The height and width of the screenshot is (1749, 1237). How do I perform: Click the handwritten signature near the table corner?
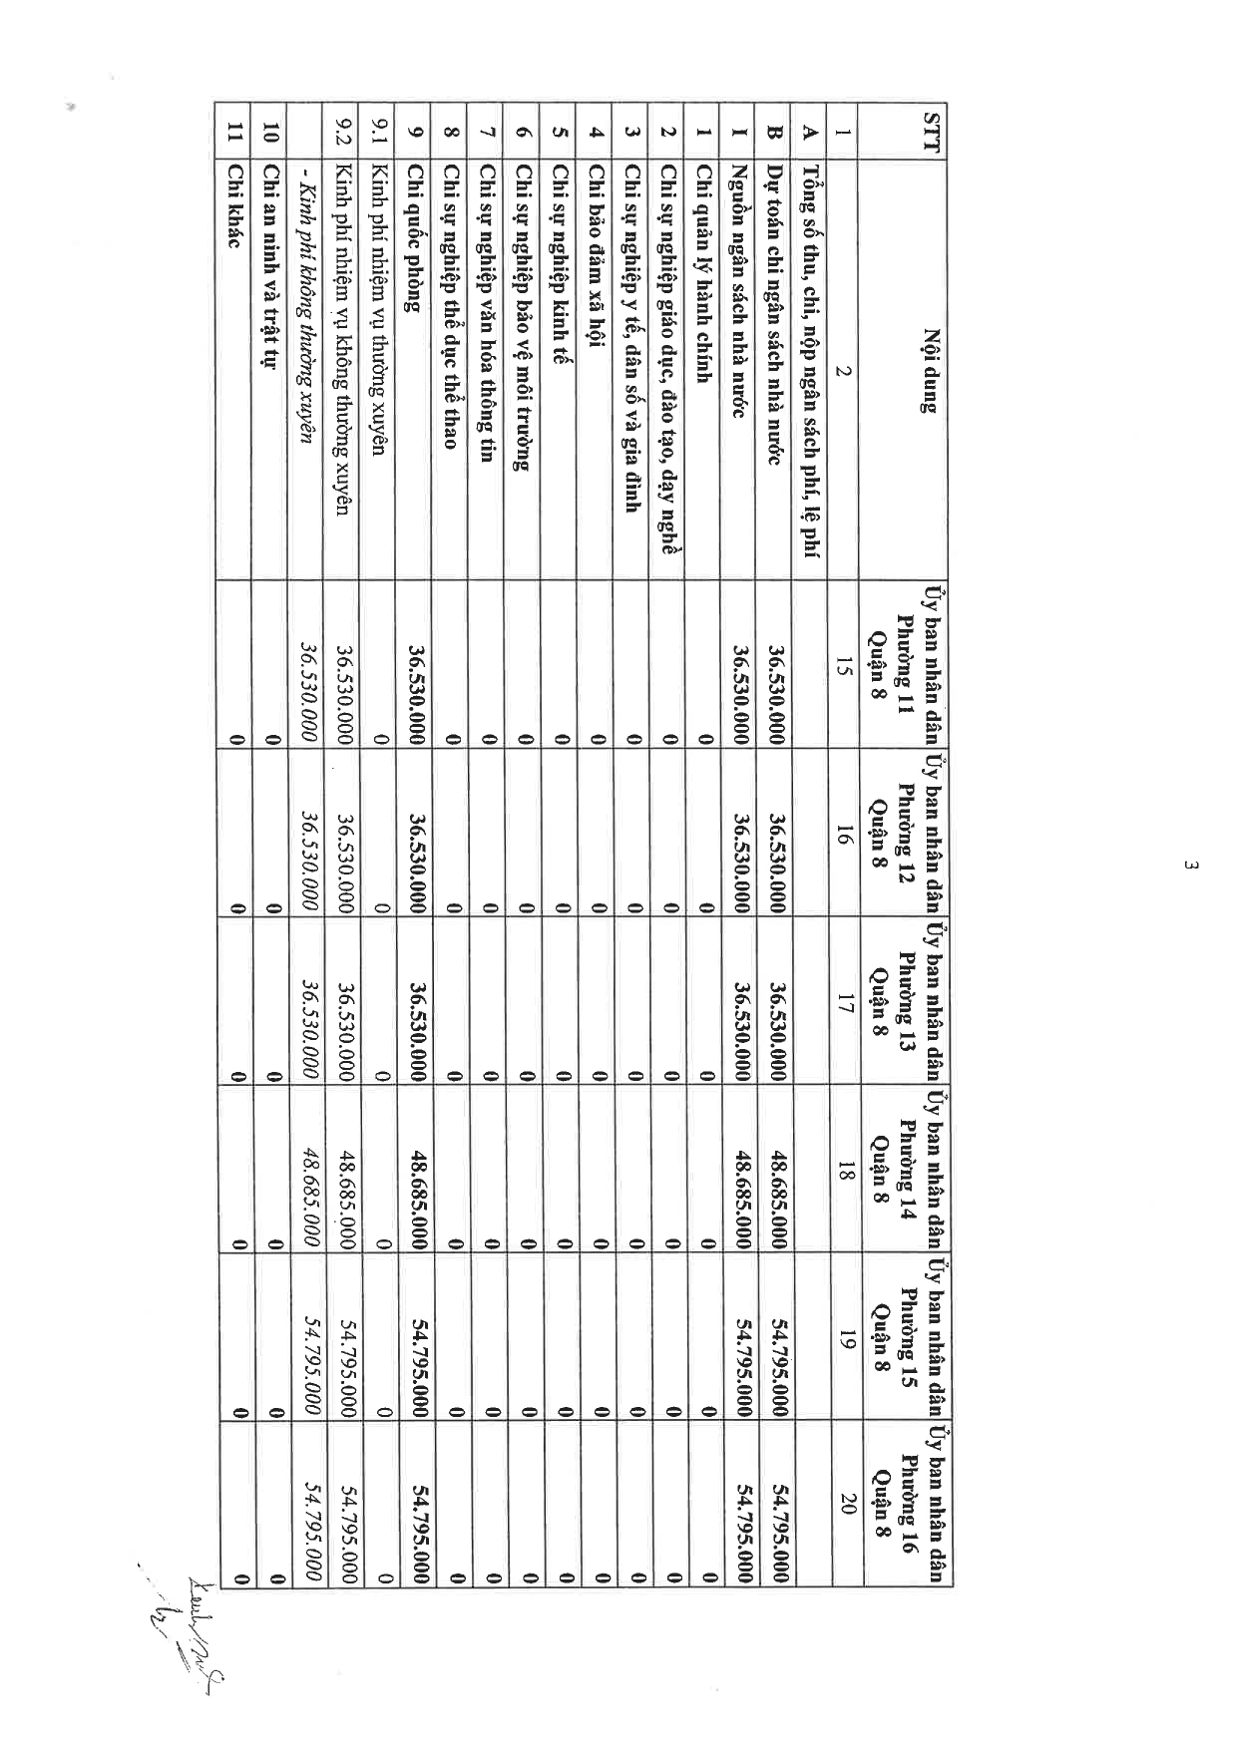click(x=190, y=1625)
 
